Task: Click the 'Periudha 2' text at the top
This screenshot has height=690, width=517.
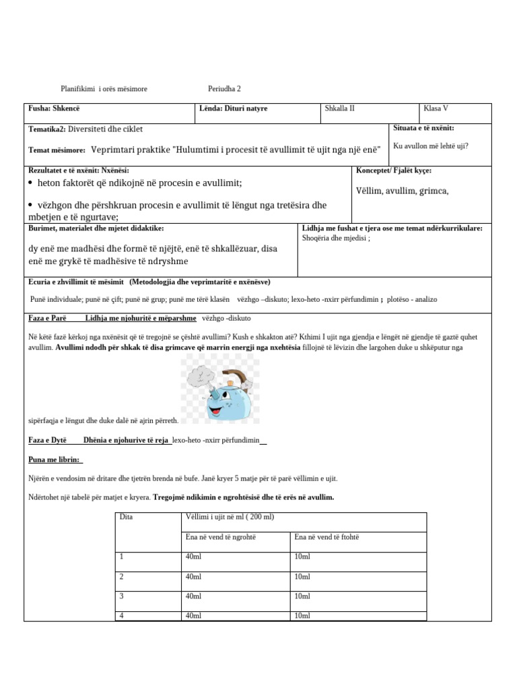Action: point(224,89)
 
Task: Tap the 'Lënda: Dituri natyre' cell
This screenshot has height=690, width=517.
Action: point(224,108)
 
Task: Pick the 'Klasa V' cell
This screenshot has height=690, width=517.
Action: point(436,108)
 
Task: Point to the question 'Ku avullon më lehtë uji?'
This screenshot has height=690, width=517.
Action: point(431,146)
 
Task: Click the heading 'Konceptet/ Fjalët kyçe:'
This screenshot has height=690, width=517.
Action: point(394,171)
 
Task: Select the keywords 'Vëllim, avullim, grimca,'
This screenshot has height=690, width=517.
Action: point(402,191)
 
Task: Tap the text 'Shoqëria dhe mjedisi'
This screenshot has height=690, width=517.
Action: point(337,238)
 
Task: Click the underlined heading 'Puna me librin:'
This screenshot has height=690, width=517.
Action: point(55,460)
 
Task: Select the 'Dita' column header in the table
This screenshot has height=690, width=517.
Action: point(126,517)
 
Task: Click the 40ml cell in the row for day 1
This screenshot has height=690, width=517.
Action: point(193,557)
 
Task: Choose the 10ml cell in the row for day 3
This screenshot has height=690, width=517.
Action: point(302,596)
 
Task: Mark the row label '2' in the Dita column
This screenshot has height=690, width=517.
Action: point(122,577)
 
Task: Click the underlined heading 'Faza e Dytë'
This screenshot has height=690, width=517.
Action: point(47,440)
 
